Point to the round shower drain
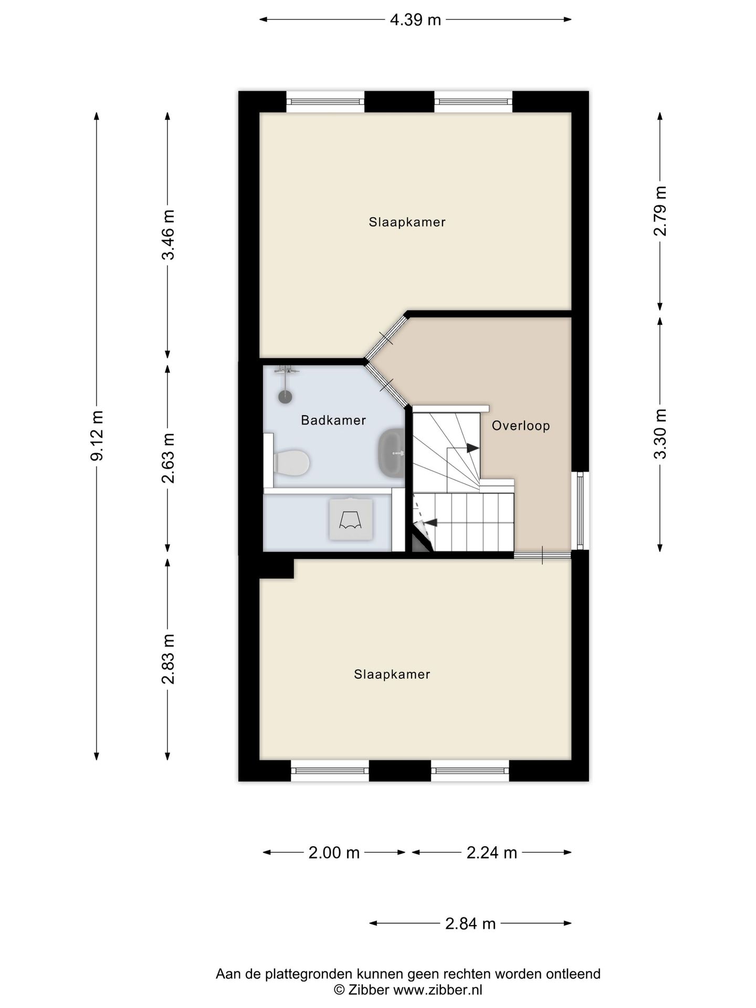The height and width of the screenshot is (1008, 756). [x=285, y=396]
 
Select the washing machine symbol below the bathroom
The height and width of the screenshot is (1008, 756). [x=351, y=519]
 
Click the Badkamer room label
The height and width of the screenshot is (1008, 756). [x=333, y=420]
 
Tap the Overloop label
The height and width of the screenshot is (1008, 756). [x=521, y=425]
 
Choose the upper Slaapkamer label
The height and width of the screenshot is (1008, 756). [x=407, y=222]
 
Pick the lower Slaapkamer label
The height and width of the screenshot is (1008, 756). [x=392, y=674]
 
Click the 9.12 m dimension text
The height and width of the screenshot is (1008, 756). [x=97, y=436]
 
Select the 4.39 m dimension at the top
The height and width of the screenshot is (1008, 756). [x=415, y=20]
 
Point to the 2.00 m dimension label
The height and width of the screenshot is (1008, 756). [x=334, y=853]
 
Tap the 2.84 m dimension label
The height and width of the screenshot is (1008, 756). [x=470, y=923]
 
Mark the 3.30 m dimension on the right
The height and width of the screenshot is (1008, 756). [x=660, y=434]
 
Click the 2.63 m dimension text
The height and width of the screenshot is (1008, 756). [x=168, y=458]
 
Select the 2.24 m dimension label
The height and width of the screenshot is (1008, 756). [x=492, y=853]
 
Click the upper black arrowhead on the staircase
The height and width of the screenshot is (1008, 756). [x=473, y=448]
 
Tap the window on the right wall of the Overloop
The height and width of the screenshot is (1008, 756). [x=580, y=510]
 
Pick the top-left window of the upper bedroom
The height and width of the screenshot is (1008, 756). [x=325, y=101]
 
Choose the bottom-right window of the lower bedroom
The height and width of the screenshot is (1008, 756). [x=470, y=771]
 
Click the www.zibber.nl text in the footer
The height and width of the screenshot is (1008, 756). [x=438, y=990]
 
